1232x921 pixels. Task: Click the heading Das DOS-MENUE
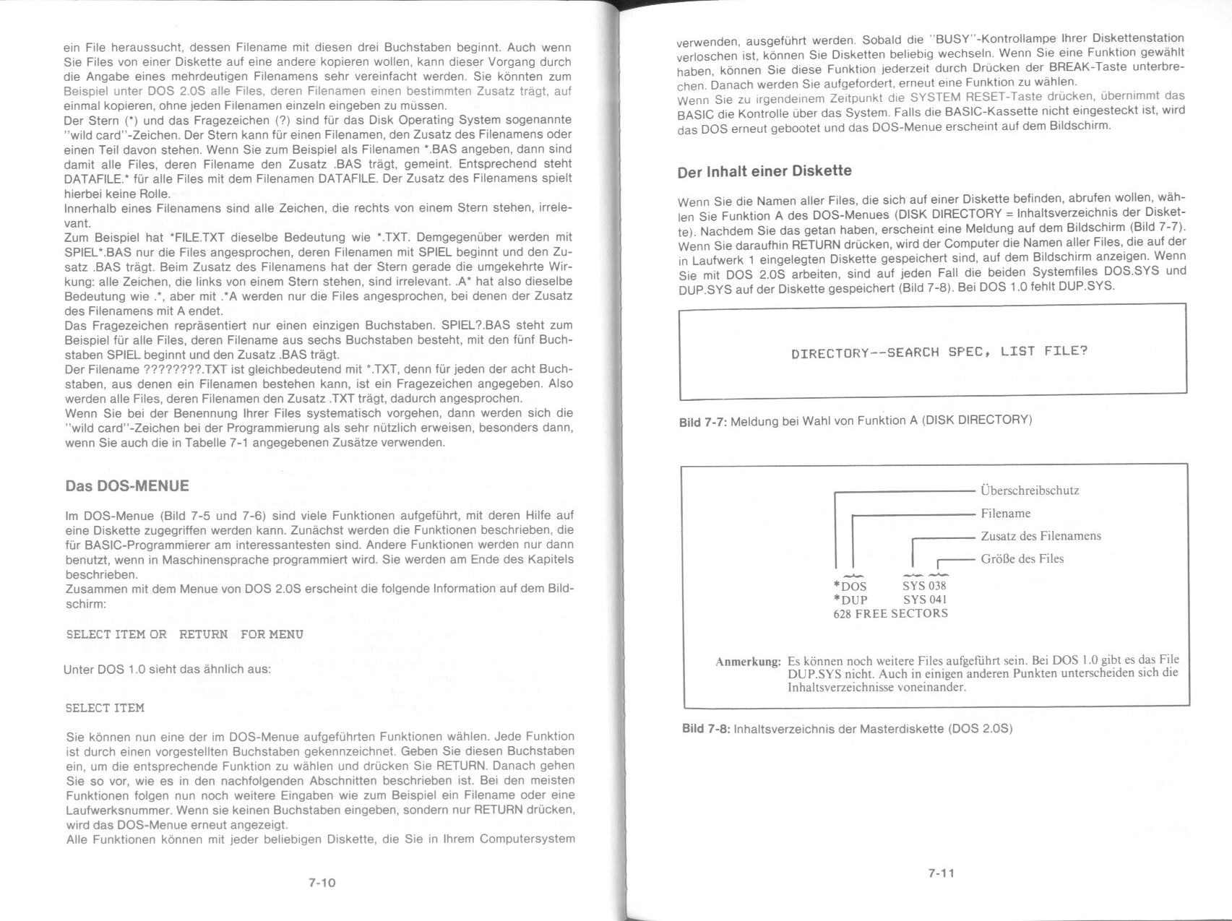pos(127,486)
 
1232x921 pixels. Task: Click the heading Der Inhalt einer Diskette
pos(764,171)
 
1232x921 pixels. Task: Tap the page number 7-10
pos(322,882)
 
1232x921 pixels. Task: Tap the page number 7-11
pos(942,873)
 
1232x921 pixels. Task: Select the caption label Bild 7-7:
pos(703,420)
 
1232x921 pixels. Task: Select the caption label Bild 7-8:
pos(706,728)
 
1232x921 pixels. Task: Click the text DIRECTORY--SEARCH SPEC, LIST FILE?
pos(939,353)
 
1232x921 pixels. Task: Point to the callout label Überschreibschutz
pos(1030,491)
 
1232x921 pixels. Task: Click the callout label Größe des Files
pos(1022,558)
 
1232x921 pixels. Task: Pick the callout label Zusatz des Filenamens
pos(1041,536)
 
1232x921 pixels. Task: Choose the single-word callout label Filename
pos(1005,514)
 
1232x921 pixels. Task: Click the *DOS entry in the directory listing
pos(850,586)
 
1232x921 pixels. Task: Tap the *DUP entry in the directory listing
pos(850,600)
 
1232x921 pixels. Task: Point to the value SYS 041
pos(925,600)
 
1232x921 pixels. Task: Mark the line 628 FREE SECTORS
pos(890,614)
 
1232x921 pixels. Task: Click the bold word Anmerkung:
pos(748,662)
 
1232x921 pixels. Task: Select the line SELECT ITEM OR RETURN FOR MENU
pos(184,634)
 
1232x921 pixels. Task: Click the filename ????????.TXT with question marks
pos(176,369)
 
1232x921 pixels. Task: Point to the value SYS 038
pos(924,586)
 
